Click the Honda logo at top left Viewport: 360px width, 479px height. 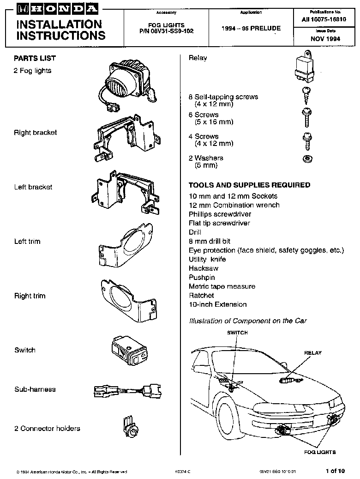[x=57, y=8]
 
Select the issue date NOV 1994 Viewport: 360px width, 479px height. [x=325, y=39]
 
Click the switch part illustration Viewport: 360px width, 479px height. [x=130, y=351]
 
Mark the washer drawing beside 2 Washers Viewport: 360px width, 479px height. [x=305, y=159]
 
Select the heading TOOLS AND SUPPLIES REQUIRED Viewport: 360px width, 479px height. [x=249, y=185]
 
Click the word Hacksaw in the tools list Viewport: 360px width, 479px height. [x=204, y=268]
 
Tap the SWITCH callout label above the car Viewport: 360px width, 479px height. [x=237, y=333]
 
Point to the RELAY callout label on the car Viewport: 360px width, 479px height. [x=312, y=353]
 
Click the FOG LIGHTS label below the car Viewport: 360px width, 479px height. [x=319, y=452]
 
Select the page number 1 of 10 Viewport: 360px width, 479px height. [x=335, y=471]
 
